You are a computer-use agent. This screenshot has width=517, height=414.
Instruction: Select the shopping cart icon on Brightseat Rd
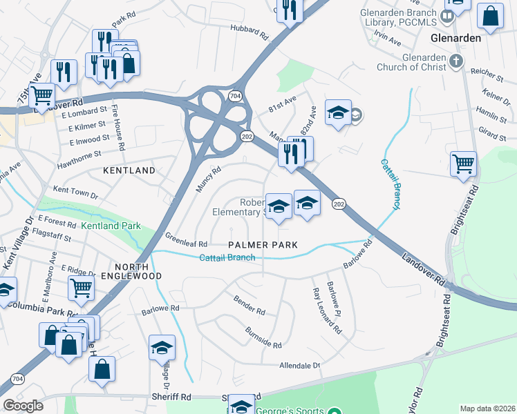point(463,165)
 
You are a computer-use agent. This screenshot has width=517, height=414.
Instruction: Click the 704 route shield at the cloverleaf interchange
point(236,96)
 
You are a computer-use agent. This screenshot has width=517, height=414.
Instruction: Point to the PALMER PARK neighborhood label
point(263,245)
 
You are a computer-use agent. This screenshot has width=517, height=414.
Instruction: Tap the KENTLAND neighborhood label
point(129,170)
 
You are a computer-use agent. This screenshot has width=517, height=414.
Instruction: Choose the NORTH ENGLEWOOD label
point(138,271)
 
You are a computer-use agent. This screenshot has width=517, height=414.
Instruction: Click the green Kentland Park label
point(111,226)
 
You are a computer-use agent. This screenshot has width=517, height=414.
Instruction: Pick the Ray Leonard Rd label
point(326,311)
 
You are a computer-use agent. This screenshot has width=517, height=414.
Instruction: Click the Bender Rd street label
point(250,306)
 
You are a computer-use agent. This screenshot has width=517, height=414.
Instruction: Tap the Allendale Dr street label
point(300,365)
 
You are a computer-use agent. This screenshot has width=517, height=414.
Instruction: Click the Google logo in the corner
point(23,406)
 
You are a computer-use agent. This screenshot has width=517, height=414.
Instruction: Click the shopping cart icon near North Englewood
point(82,287)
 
